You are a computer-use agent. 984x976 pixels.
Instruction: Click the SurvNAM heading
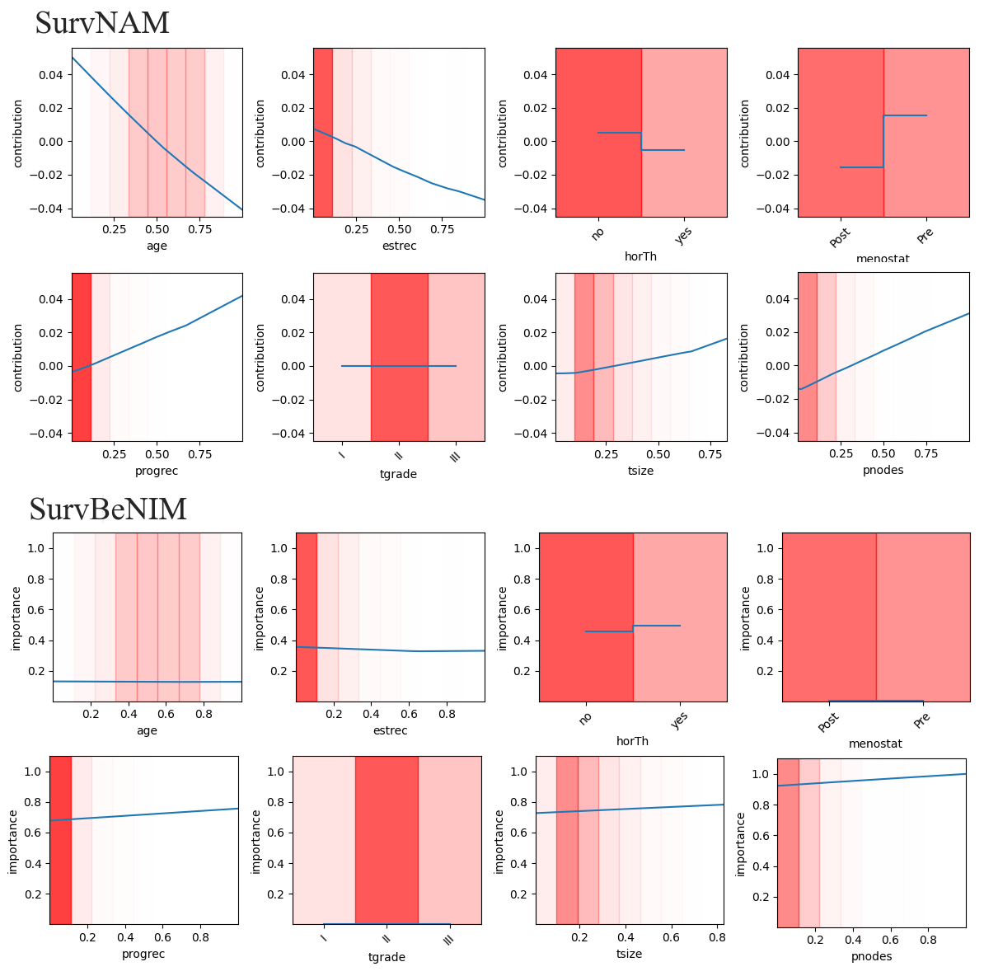102,23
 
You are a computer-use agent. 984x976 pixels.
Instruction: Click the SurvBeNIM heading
108,509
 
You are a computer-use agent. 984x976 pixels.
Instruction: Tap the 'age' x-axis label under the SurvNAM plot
157,246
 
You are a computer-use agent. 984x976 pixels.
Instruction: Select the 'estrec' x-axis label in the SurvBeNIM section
390,730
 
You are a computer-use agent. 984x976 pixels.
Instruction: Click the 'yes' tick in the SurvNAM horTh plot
682,237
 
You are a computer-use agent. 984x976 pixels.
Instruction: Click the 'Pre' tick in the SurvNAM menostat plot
925,236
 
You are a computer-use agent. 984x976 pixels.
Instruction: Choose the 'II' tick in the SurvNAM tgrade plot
398,454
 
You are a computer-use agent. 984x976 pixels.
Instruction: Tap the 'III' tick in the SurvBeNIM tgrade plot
448,940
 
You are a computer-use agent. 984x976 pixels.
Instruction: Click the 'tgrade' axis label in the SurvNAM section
398,473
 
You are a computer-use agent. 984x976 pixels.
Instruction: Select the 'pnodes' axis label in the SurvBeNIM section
871,956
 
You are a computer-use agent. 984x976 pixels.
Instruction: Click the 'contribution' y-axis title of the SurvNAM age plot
19,133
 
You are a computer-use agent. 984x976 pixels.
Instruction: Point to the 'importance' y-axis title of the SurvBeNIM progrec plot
12,840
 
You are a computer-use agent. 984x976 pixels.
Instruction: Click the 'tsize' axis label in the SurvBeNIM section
629,954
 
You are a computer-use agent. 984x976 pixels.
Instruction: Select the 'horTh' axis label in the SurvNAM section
640,256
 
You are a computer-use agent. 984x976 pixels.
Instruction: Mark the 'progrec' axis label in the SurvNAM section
157,471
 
